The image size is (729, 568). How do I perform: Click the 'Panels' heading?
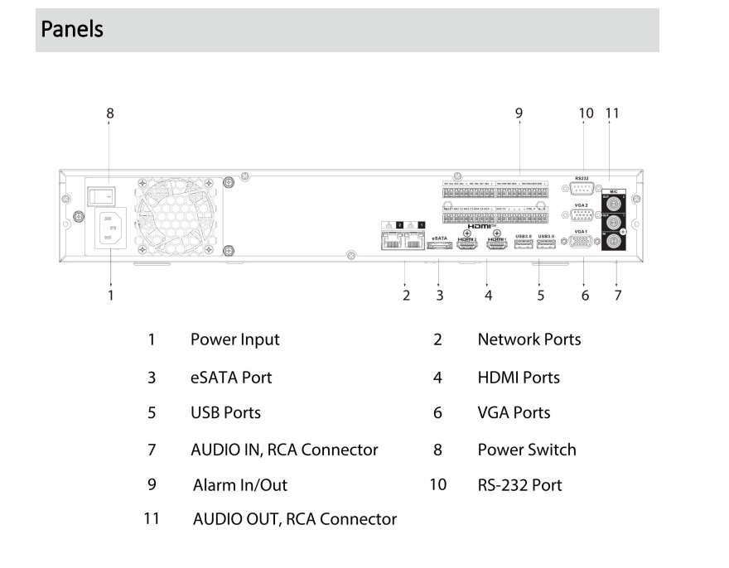pos(73,30)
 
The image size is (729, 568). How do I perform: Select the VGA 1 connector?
pos(582,243)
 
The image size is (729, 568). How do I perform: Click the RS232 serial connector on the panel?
pos(582,189)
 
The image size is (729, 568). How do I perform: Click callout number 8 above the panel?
pos(110,113)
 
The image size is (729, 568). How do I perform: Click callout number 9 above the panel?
pos(519,113)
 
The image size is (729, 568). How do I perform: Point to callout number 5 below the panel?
pos(541,295)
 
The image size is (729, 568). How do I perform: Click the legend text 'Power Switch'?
pos(526,450)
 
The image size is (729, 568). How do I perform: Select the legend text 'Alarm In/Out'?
pos(240,485)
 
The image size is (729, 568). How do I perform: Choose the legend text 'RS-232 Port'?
pos(519,485)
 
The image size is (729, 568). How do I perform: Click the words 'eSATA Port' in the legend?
pos(231,378)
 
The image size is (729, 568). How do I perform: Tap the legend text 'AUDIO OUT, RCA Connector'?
pos(294,520)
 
